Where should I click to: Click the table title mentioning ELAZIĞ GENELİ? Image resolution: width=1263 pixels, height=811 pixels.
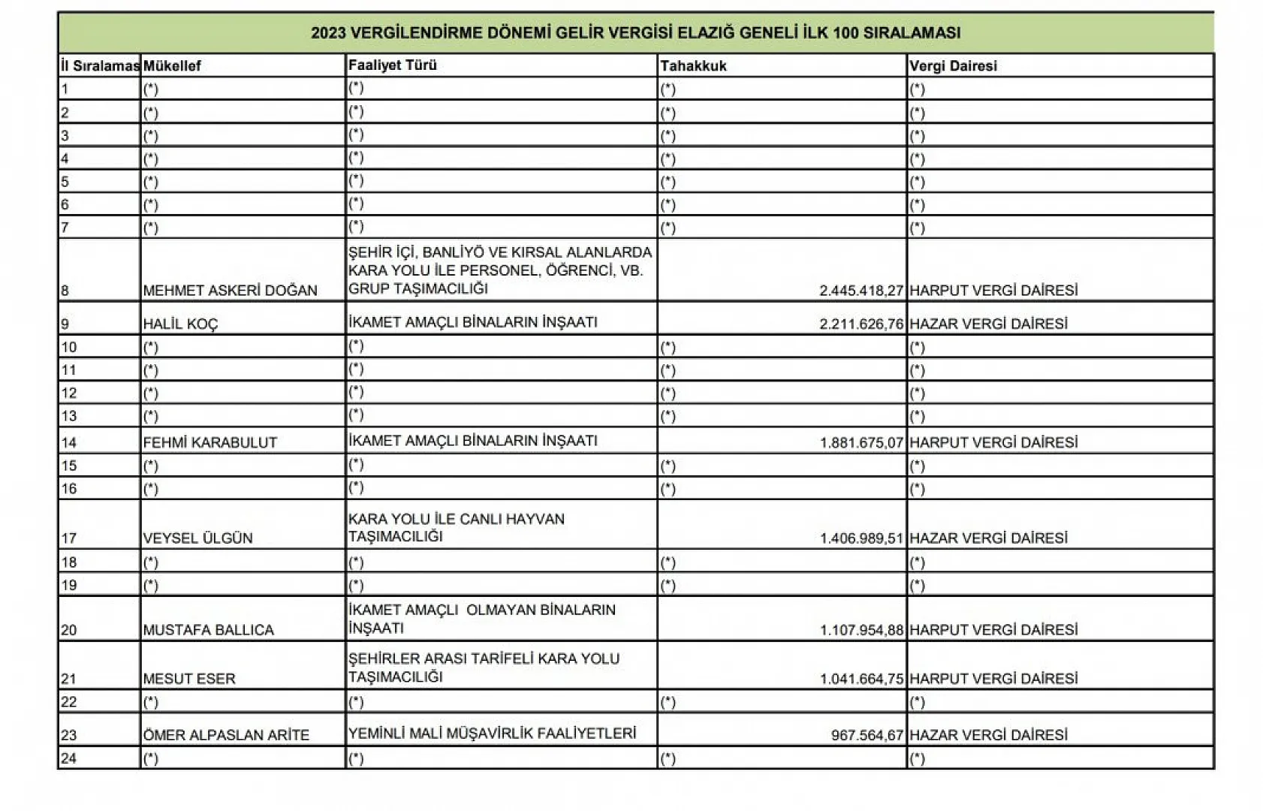635,33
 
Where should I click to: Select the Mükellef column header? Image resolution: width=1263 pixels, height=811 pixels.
172,66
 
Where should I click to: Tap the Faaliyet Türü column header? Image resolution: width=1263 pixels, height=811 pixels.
392,65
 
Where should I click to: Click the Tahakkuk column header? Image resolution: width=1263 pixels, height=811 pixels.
693,66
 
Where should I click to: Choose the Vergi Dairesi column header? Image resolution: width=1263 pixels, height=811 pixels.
953,66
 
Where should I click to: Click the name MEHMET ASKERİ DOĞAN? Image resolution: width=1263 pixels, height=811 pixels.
230,291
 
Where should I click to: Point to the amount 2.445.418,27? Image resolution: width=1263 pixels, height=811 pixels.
861,291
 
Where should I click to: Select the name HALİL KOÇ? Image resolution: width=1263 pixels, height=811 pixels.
180,324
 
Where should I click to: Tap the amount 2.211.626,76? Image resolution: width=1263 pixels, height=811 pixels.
861,324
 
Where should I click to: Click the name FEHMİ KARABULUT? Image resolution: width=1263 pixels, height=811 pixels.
210,443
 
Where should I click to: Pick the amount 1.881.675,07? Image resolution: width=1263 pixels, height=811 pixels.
861,443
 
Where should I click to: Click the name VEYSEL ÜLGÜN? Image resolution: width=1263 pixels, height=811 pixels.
197,538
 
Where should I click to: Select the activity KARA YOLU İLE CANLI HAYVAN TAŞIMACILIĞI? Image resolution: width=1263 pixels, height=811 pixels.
456,528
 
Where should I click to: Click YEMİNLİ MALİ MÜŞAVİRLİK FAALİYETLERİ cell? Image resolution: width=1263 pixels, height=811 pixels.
492,734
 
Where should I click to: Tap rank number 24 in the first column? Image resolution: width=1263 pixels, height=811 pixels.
68,758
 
